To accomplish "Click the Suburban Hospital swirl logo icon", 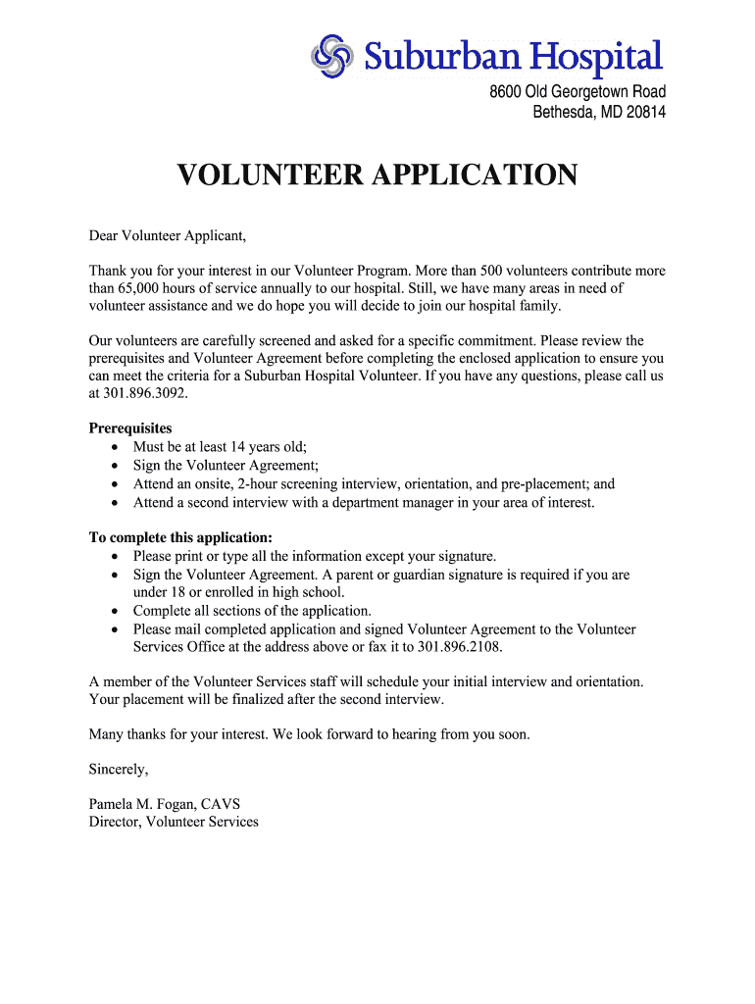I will pos(331,55).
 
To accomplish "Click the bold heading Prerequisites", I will pos(130,428).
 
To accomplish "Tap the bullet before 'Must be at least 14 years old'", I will pos(115,448).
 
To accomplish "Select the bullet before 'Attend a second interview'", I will pos(115,503).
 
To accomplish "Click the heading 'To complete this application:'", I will pos(180,537).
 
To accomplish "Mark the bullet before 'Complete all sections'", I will pos(115,611).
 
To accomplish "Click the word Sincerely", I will pos(119,770).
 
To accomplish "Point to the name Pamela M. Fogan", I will pos(143,804).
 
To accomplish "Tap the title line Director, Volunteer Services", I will pos(174,822).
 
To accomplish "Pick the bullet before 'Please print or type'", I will pos(115,557).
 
